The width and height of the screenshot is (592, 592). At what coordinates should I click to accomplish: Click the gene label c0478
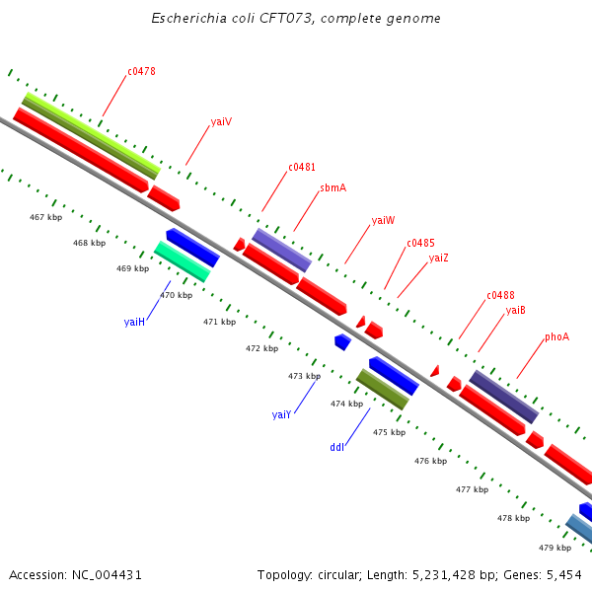(141, 72)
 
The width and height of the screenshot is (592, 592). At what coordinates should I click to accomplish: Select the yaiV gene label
(221, 122)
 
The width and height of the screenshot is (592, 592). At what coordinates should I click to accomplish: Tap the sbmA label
(333, 187)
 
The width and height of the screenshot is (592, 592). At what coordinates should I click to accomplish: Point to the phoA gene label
(556, 336)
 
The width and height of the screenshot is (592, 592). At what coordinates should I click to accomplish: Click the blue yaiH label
(134, 322)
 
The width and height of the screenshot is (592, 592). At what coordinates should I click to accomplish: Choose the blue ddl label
(337, 447)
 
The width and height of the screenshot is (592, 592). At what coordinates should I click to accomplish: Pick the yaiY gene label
(281, 414)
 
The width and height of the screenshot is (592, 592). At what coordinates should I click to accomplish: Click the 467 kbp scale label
(45, 217)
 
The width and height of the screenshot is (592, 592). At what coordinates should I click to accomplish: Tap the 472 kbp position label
(261, 348)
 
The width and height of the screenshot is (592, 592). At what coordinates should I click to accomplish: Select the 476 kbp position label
(430, 461)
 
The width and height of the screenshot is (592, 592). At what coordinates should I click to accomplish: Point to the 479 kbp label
(555, 548)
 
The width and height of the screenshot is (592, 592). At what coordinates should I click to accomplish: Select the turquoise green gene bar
(182, 260)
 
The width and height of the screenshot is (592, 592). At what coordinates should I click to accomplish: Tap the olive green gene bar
(382, 390)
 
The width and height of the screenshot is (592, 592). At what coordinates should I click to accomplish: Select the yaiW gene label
(383, 220)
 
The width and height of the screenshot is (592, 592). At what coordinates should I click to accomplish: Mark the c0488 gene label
(500, 295)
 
